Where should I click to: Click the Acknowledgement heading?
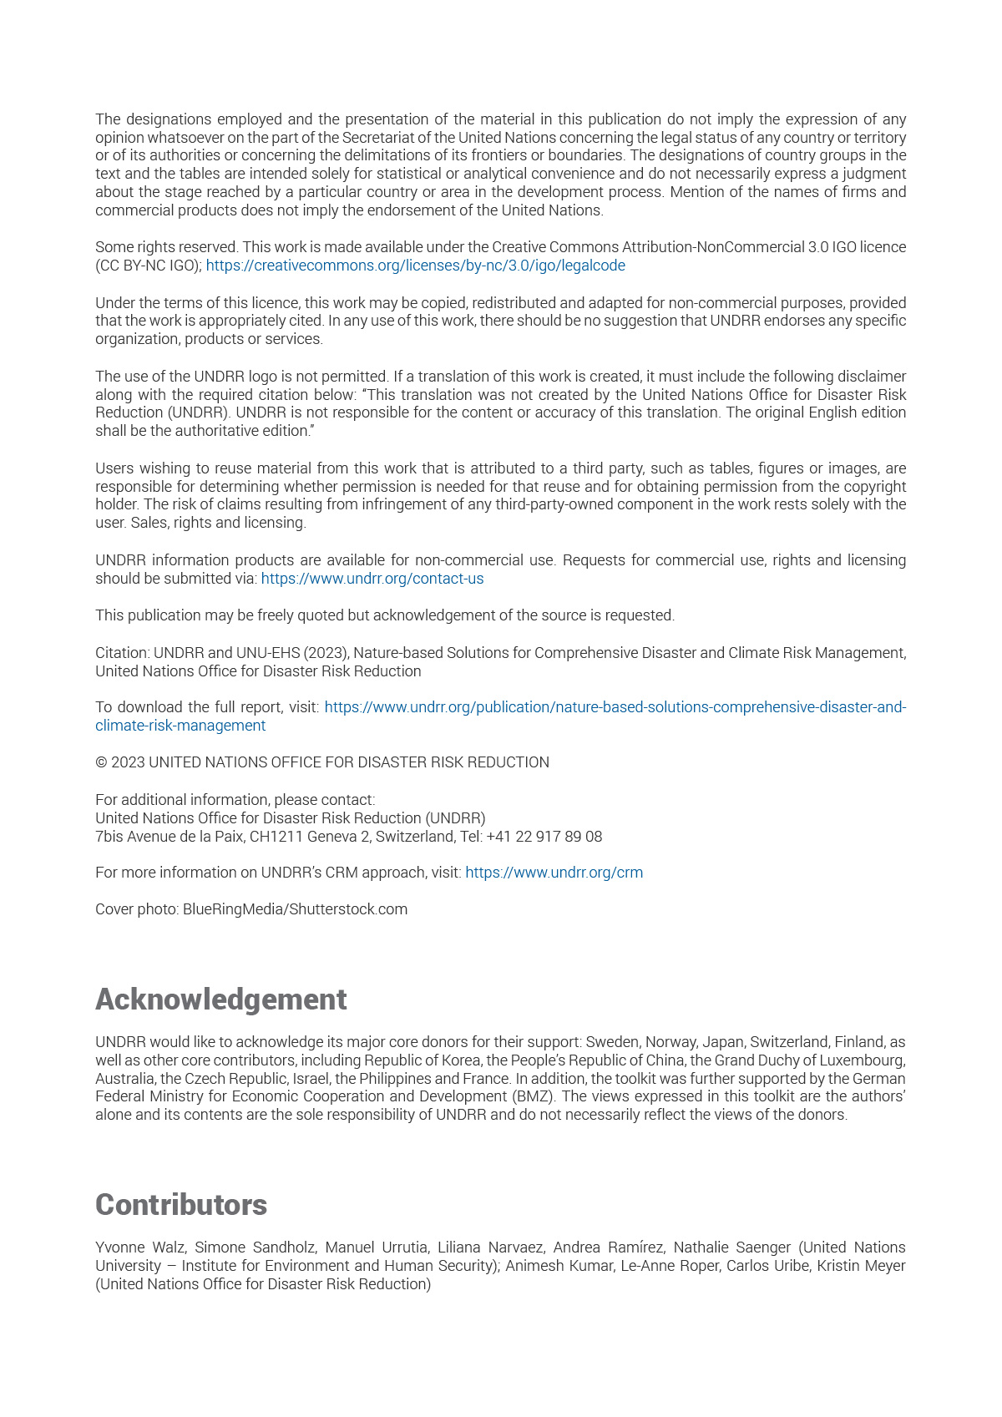coord(220,999)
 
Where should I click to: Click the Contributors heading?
coord(181,1205)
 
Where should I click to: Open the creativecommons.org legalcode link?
coord(415,266)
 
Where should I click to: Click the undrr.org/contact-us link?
coord(372,579)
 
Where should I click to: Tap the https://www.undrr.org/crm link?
coord(554,873)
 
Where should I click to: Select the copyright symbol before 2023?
coord(101,762)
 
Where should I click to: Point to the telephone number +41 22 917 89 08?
coord(553,837)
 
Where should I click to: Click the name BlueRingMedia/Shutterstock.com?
coord(295,909)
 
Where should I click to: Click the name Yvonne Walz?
coord(139,1247)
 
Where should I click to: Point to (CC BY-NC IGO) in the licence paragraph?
coord(148,266)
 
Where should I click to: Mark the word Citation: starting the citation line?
coord(122,653)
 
